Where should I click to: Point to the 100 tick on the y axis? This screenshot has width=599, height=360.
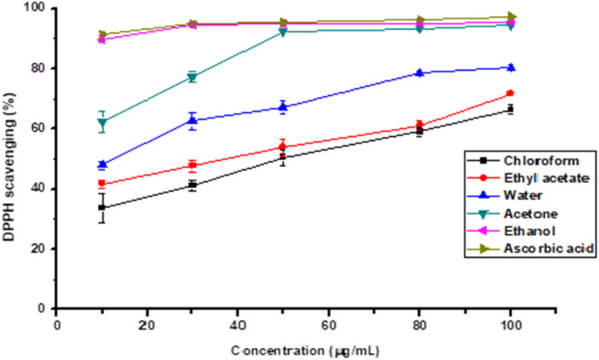37,9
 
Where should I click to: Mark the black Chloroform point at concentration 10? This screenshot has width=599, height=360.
102,208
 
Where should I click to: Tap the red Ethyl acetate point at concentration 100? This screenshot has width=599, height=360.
510,93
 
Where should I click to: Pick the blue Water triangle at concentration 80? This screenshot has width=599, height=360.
419,72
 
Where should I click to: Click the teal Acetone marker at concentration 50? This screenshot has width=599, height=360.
283,31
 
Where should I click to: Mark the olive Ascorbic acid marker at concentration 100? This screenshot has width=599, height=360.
510,16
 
